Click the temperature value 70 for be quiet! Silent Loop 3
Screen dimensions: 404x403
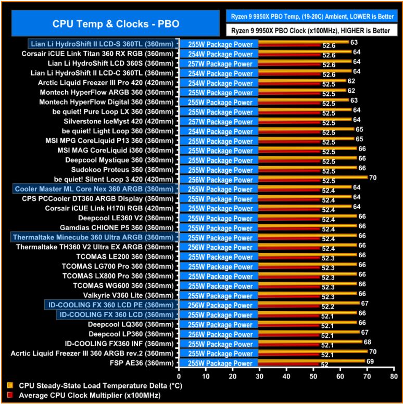pos(372,178)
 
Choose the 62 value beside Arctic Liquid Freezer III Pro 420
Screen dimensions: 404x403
pos(351,81)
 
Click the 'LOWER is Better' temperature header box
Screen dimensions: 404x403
pos(310,17)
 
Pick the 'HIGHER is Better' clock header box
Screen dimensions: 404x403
pos(310,31)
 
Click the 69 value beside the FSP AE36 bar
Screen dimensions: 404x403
pos(370,361)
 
